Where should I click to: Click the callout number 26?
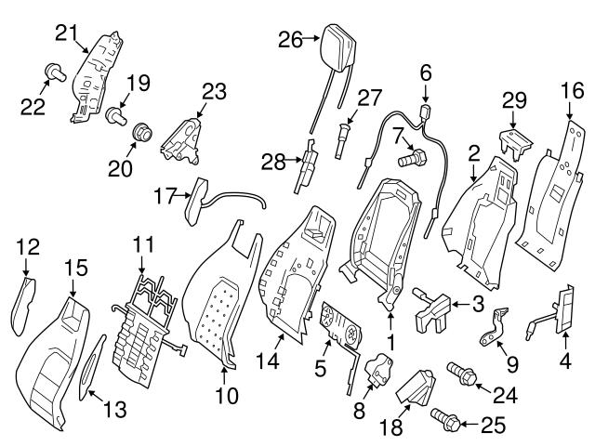pyautogui.click(x=291, y=39)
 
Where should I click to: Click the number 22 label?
pyautogui.click(x=33, y=108)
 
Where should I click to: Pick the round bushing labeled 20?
pyautogui.click(x=145, y=131)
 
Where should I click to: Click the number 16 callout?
pyautogui.click(x=569, y=90)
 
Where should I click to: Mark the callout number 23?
pyautogui.click(x=214, y=91)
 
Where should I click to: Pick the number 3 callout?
pyautogui.click(x=476, y=303)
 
